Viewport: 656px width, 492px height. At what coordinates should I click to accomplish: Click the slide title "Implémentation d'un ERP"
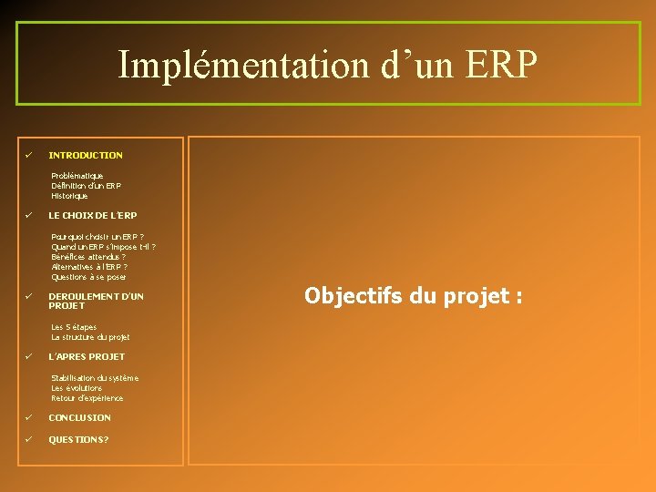pos(328,65)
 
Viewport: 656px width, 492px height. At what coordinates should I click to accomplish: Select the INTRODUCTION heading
pos(86,156)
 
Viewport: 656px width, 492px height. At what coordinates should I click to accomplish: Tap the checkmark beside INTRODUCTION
pos(29,155)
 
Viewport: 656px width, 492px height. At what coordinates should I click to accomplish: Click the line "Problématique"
pos(77,176)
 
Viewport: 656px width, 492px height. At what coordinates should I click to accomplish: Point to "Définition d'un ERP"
pos(86,186)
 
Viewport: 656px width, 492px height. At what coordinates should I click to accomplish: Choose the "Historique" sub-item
pos(70,196)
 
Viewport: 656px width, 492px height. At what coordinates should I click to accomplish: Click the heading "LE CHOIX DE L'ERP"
pos(93,216)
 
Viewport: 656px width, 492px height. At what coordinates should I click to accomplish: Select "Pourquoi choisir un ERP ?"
pos(97,237)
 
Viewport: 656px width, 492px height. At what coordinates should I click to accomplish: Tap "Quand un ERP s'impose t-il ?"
pos(103,247)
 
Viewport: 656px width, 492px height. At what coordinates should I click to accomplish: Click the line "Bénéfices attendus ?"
pos(88,257)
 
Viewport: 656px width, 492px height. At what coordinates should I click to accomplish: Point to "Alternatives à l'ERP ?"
pos(89,267)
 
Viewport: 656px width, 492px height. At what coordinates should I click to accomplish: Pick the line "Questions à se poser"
pos(89,277)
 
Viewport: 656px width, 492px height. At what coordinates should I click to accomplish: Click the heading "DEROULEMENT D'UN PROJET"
pos(96,302)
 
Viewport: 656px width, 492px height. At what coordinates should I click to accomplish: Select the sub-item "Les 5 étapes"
pos(74,327)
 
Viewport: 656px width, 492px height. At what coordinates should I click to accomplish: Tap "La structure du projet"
pos(90,337)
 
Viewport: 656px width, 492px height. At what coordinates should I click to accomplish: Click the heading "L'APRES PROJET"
pos(87,357)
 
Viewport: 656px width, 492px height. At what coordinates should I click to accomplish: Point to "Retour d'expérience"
pos(87,398)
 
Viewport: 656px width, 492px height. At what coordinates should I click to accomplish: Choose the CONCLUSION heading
pos(80,418)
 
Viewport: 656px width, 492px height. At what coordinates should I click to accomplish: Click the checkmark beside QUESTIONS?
pos(29,439)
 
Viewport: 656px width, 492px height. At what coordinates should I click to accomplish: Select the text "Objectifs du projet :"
pos(413,296)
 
